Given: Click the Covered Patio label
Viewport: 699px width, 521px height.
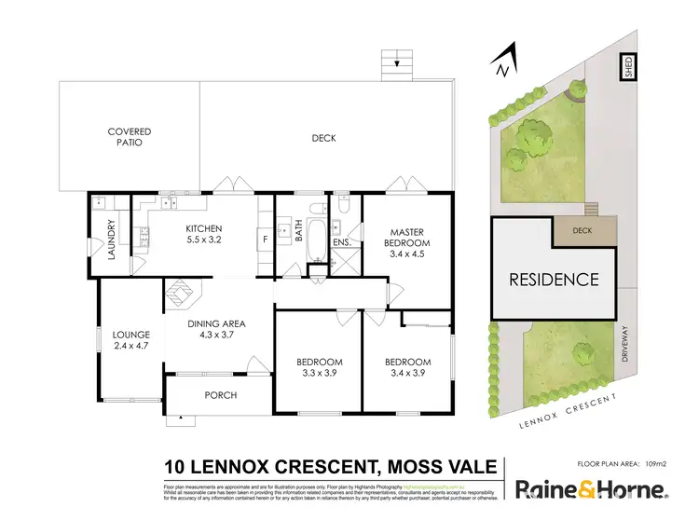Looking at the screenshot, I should pyautogui.click(x=129, y=138).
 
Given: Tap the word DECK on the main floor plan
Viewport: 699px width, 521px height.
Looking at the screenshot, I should pyautogui.click(x=323, y=138).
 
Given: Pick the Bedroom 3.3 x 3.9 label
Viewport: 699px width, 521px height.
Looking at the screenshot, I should pyautogui.click(x=320, y=367).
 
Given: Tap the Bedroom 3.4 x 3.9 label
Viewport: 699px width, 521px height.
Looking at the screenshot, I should pyautogui.click(x=408, y=367).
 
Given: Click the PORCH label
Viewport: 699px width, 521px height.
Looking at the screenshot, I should pyautogui.click(x=222, y=395).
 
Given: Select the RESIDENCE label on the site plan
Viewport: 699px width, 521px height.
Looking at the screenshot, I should pyautogui.click(x=553, y=279).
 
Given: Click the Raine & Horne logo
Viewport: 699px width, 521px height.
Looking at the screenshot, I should pyautogui.click(x=591, y=489).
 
